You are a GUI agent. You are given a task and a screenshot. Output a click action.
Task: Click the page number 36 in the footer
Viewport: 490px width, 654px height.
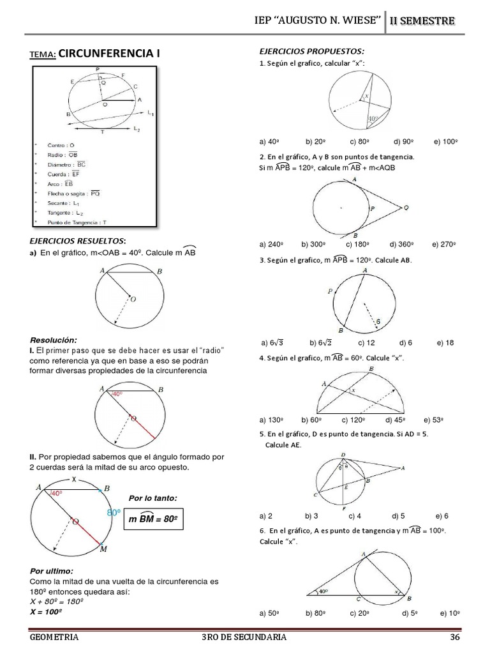[x=454, y=637]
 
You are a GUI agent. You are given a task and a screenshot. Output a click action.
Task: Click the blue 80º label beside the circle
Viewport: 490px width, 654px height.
[x=114, y=513]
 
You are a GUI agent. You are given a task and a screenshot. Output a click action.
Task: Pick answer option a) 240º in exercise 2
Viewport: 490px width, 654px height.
[x=271, y=244]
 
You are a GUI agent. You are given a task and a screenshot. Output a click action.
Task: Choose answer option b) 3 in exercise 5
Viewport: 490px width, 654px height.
[x=311, y=515]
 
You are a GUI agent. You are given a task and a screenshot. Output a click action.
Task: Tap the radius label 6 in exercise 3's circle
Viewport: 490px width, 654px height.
[x=378, y=321]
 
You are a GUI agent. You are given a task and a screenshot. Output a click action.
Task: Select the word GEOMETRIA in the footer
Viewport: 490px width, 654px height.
[x=54, y=637]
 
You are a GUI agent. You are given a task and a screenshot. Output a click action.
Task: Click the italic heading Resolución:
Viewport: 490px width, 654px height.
[x=54, y=339]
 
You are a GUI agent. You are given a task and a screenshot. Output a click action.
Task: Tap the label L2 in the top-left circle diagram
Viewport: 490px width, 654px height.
[x=137, y=130]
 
